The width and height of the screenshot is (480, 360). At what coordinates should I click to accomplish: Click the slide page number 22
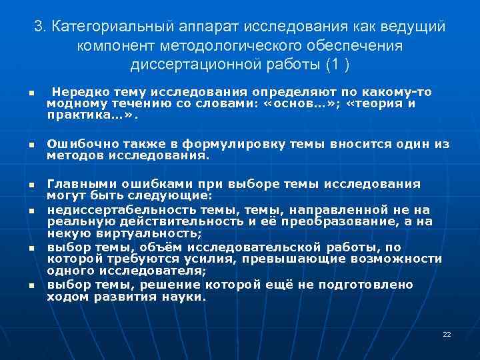click(447, 334)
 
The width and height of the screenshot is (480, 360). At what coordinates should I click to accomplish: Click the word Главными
click(75, 184)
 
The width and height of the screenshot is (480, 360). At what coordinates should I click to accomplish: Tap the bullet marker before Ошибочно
click(31, 145)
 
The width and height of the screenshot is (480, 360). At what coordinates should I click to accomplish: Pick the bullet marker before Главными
click(31, 185)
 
